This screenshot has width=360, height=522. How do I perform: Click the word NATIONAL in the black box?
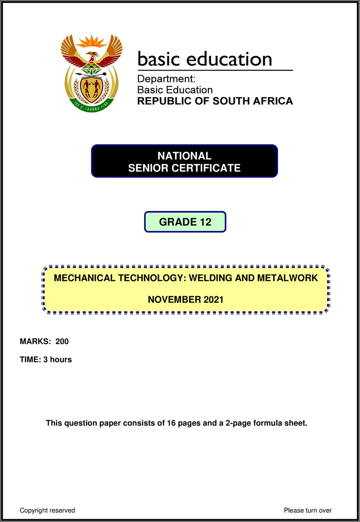(184, 156)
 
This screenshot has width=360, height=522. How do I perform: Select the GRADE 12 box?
(185, 222)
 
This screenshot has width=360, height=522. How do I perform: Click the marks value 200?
(62, 342)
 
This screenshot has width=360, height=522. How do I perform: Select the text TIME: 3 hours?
(46, 360)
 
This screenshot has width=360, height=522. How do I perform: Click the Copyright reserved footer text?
(47, 510)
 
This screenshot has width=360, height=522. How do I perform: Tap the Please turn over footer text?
(308, 510)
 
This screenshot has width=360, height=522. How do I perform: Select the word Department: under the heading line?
(166, 79)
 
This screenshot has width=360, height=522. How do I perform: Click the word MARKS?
(36, 342)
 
